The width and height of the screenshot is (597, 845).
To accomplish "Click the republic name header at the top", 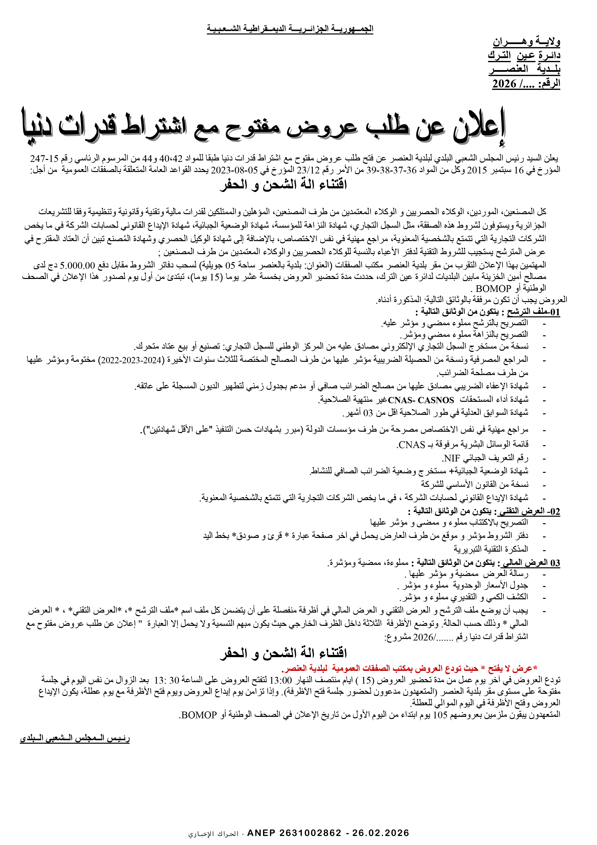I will [290, 29].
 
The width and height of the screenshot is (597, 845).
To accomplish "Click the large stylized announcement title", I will [264, 127].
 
